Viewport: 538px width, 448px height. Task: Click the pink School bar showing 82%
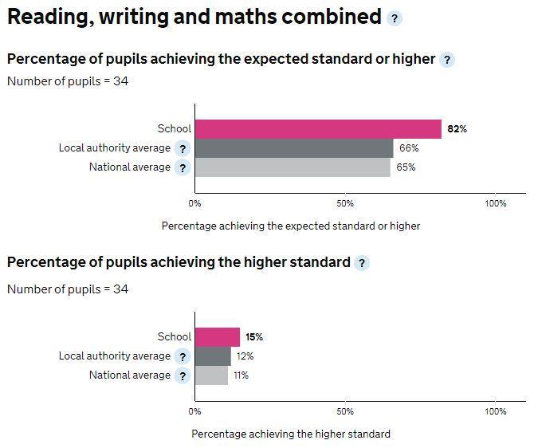[318, 129]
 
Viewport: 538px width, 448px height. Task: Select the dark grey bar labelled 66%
[294, 148]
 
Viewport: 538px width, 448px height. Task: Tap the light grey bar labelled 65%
[293, 167]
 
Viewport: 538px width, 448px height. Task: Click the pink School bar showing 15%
[218, 337]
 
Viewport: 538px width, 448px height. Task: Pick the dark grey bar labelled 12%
[213, 356]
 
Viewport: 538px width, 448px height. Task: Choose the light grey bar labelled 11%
[211, 375]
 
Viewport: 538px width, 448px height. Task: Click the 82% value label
[457, 129]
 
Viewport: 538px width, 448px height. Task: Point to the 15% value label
[254, 337]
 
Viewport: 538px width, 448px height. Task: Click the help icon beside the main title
[395, 18]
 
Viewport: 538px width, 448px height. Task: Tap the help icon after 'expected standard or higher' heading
[447, 60]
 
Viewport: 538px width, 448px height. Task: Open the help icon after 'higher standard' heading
[362, 263]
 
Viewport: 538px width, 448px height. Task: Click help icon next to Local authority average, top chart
[183, 148]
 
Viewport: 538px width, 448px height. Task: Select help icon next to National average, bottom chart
[183, 375]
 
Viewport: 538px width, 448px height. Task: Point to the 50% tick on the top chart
[345, 203]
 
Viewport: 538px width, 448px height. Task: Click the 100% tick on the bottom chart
[496, 411]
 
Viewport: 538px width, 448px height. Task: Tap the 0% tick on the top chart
[195, 203]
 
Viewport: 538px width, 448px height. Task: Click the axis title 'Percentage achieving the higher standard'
[291, 434]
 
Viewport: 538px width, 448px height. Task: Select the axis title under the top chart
[291, 226]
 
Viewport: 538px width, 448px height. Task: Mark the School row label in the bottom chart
[175, 337]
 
